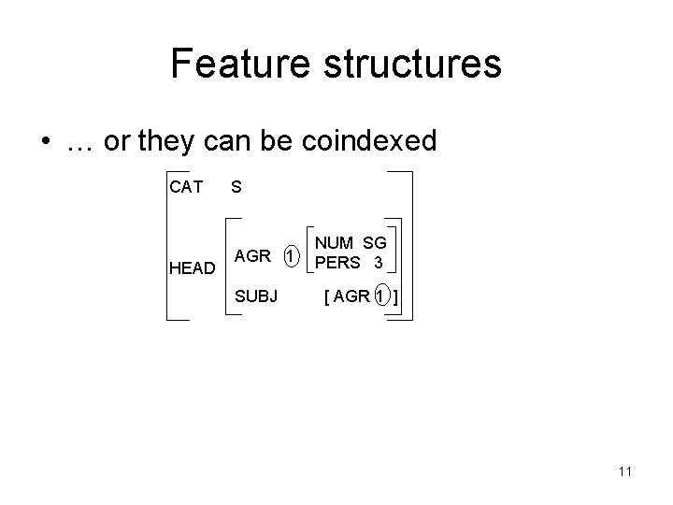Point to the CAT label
click(186, 187)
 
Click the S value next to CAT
click(236, 187)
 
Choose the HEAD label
click(192, 268)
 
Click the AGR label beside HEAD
click(252, 255)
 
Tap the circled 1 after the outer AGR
click(291, 255)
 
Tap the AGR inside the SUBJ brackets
click(351, 297)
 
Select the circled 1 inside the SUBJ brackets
click(379, 297)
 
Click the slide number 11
click(624, 470)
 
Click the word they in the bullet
click(165, 142)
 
